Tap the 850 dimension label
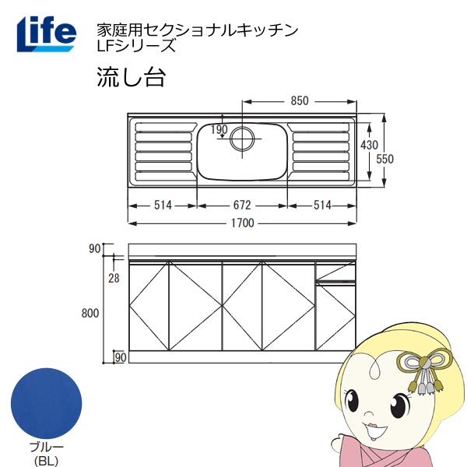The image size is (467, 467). pyautogui.click(x=300, y=100)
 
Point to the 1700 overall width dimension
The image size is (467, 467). pyautogui.click(x=242, y=223)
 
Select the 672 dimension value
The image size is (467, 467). pyautogui.click(x=242, y=205)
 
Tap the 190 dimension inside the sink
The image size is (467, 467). pyautogui.click(x=219, y=129)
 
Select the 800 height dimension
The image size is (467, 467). pyautogui.click(x=90, y=313)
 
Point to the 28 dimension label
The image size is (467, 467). pyautogui.click(x=114, y=278)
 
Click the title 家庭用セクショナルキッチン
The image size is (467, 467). pyautogui.click(x=196, y=30)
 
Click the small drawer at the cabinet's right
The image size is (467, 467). pyautogui.click(x=335, y=272)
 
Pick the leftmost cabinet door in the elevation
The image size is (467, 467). pyautogui.click(x=149, y=307)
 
